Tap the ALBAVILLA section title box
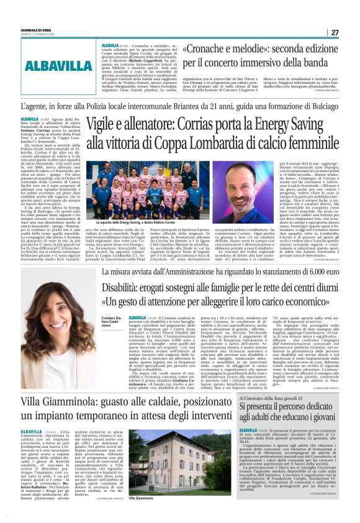tap(59, 65)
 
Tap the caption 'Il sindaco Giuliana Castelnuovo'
tap(111, 323)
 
